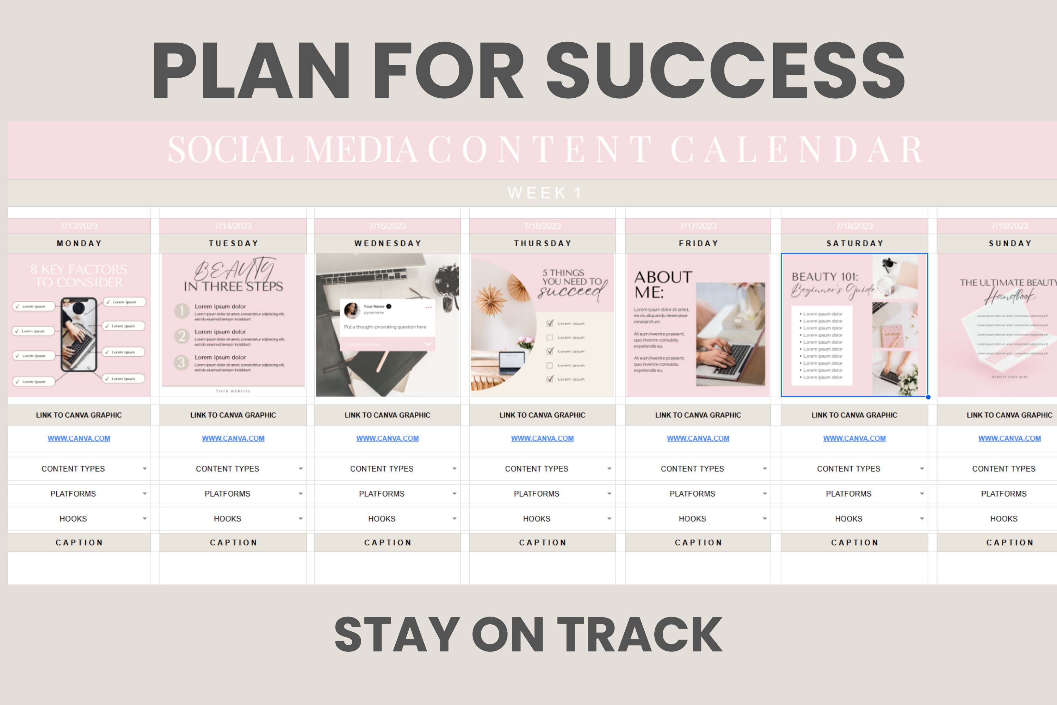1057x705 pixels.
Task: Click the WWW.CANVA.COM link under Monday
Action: tap(79, 439)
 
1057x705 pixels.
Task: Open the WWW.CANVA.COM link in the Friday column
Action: tap(698, 439)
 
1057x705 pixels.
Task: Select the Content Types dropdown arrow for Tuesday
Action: tap(301, 469)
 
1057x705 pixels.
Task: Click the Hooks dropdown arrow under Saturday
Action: tap(922, 519)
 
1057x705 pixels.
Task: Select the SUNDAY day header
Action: tap(1010, 243)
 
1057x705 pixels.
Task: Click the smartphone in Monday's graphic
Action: tap(79, 334)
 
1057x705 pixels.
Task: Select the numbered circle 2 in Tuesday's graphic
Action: tap(181, 336)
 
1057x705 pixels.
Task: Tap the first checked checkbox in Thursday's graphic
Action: tap(550, 323)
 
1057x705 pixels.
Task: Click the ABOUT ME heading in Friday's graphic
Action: tap(662, 284)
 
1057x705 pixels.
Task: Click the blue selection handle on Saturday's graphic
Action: tap(928, 397)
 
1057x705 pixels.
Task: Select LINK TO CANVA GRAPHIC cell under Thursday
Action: tap(543, 415)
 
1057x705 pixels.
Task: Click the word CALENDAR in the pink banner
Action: tap(796, 150)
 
